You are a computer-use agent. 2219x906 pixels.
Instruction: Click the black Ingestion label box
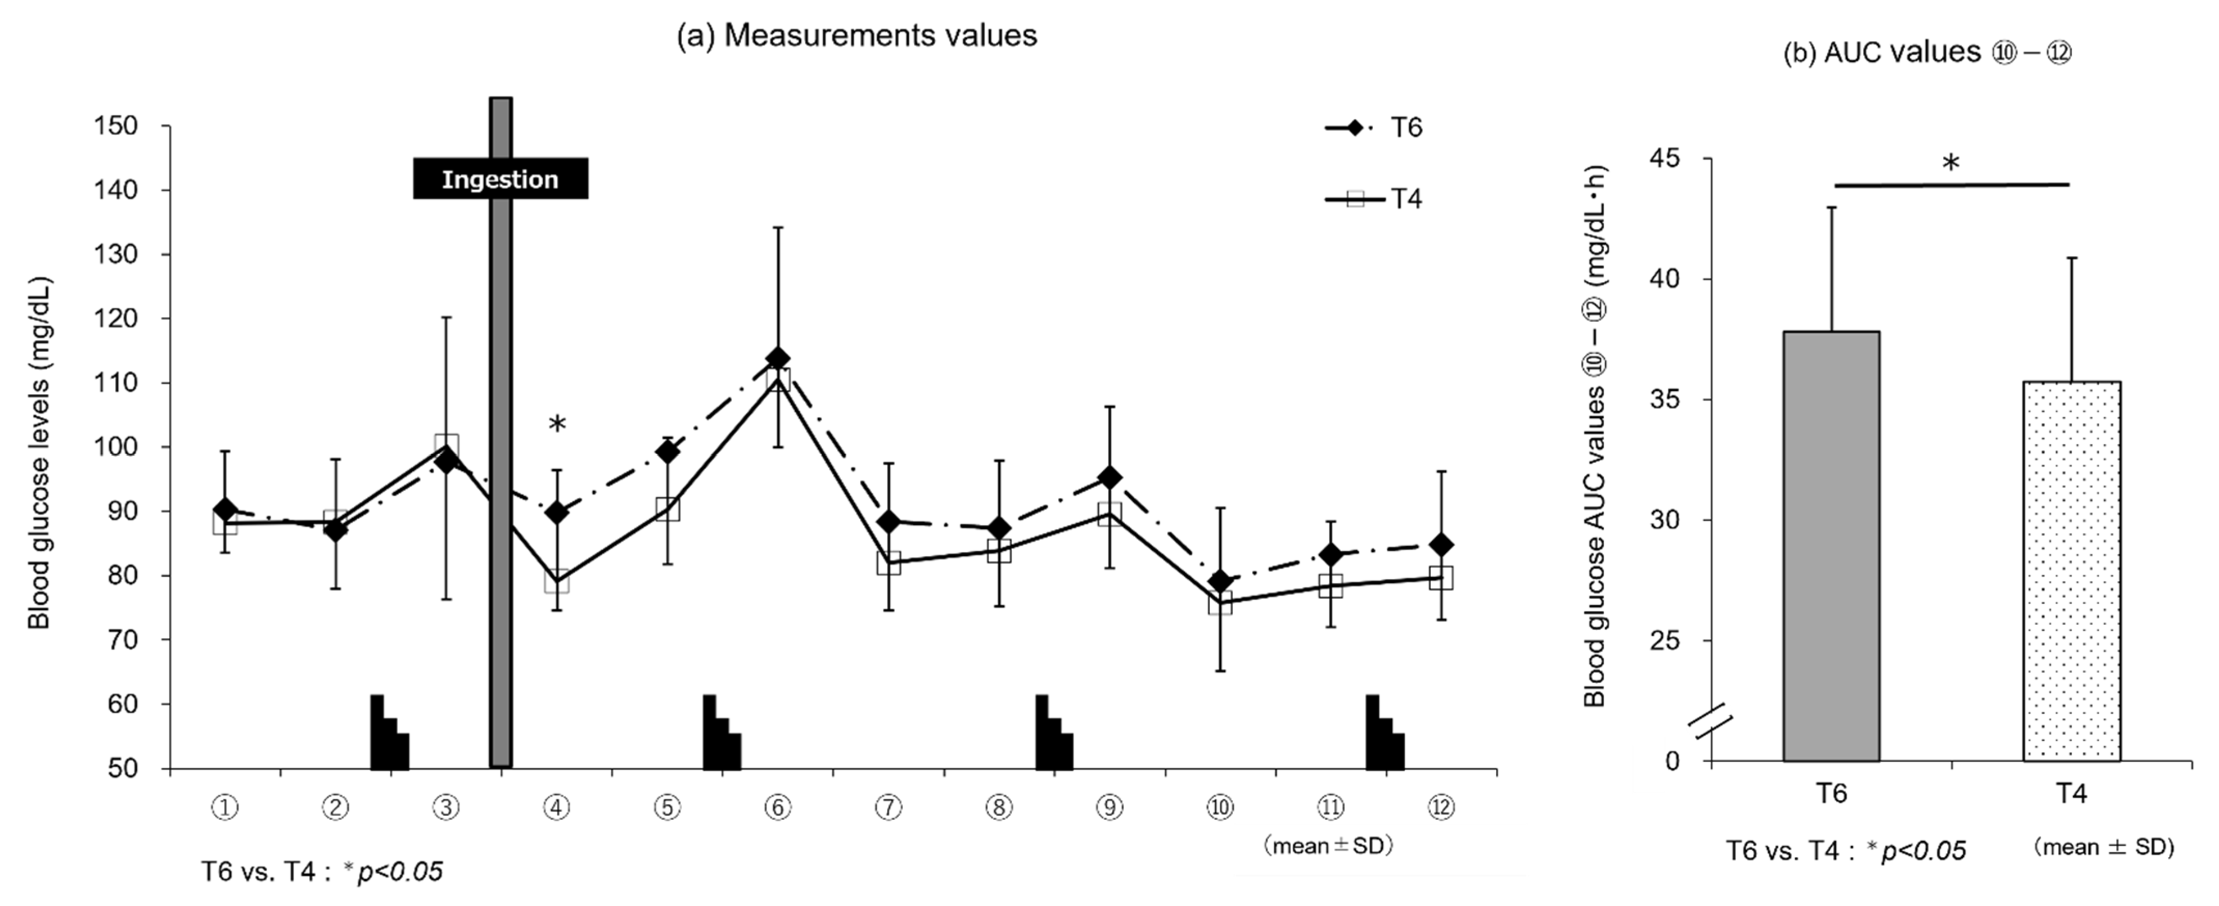(x=500, y=180)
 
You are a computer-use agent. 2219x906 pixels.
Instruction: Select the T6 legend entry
(x=1374, y=128)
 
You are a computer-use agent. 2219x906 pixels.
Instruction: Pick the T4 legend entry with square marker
(x=1374, y=199)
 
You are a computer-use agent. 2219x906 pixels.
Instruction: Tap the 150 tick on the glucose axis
(x=116, y=126)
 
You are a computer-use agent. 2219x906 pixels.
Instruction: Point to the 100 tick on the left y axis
(x=116, y=447)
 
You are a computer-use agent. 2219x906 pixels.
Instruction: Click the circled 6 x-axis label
(x=778, y=808)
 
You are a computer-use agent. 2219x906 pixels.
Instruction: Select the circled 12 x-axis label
(x=1440, y=808)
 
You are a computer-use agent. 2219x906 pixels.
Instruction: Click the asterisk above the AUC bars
(x=1951, y=164)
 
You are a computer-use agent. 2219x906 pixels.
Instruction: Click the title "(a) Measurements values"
(x=857, y=35)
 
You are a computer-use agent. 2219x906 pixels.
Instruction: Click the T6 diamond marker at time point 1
(x=226, y=510)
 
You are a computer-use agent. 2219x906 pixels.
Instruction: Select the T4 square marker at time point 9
(x=1110, y=515)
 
